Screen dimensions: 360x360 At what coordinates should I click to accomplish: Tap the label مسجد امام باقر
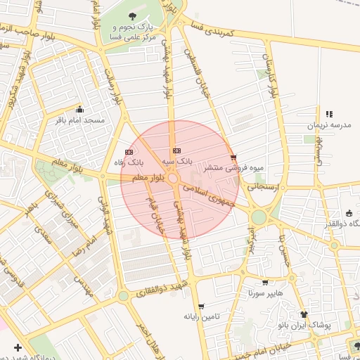84,120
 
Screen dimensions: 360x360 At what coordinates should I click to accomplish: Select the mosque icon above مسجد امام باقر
79,109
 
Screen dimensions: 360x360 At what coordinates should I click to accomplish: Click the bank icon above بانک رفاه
129,151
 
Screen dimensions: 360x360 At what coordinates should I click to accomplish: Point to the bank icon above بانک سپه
176,150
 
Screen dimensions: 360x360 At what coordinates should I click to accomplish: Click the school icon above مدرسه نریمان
328,114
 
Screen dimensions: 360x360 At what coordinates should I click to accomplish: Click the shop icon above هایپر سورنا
265,282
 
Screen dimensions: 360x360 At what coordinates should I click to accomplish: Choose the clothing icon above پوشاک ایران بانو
304,314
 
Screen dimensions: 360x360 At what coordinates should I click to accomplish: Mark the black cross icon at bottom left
18,347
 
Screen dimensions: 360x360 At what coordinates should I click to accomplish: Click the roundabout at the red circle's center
173,179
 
